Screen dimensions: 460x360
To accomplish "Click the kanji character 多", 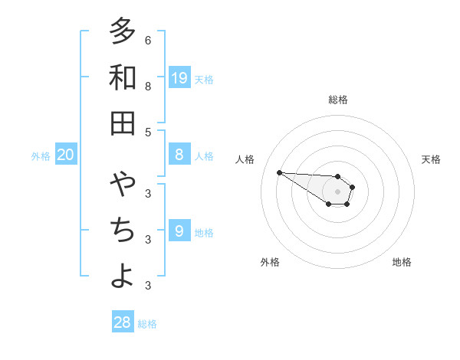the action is click(x=122, y=31).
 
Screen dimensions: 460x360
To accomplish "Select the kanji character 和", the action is click(x=122, y=77).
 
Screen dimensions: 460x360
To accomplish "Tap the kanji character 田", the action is click(x=122, y=123).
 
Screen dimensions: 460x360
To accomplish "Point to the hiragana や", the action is click(x=122, y=185).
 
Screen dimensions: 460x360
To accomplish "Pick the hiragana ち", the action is click(x=122, y=231).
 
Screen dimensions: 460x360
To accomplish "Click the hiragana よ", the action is click(x=122, y=276).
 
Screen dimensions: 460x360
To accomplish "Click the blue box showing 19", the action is click(x=179, y=77).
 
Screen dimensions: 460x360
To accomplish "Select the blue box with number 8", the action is click(x=179, y=155).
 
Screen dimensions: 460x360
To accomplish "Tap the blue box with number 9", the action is click(x=179, y=231).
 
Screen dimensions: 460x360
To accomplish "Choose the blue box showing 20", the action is click(x=65, y=155).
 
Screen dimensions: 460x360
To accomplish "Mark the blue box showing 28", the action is click(x=123, y=322).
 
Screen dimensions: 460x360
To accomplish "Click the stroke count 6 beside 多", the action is click(x=148, y=40).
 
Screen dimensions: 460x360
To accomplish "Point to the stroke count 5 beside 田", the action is click(x=148, y=132).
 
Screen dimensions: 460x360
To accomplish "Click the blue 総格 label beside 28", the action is click(x=147, y=323).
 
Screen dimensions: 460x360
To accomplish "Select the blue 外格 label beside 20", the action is click(x=41, y=156).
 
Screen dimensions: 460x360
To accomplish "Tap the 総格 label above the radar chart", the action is click(x=338, y=100).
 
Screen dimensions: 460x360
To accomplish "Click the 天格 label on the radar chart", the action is click(x=431, y=159).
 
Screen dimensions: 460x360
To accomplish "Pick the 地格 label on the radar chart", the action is click(x=402, y=262).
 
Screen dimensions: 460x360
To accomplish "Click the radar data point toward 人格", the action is click(x=279, y=172).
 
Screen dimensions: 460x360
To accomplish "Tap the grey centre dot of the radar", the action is click(x=338, y=191).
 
